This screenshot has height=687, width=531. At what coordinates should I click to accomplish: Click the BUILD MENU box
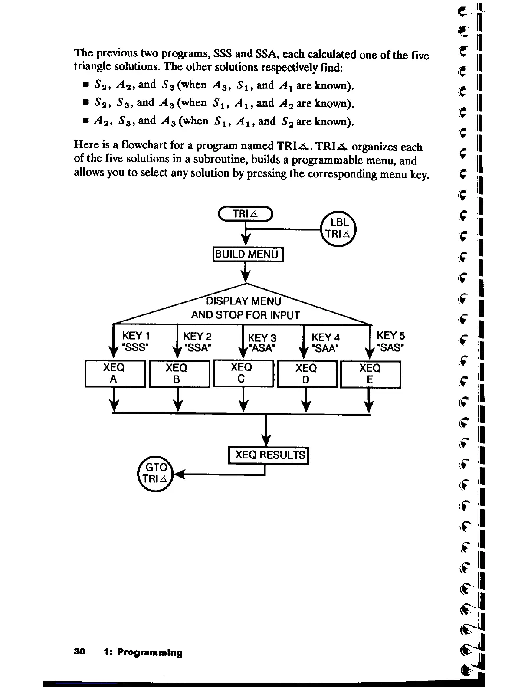247,254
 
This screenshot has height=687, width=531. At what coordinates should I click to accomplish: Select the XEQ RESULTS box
269,455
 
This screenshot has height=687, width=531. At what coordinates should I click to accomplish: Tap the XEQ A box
115,373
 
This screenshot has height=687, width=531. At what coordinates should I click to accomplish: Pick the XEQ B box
179,374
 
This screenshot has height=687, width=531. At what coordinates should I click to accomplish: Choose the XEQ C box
243,373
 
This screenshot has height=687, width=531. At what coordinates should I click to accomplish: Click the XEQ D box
307,374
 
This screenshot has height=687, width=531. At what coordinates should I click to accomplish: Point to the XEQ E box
370,374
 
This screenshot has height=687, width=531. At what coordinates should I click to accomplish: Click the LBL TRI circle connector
338,229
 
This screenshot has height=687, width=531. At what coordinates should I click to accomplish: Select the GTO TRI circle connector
155,473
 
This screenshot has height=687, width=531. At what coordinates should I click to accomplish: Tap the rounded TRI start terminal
246,214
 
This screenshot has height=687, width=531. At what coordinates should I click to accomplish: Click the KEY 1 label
136,336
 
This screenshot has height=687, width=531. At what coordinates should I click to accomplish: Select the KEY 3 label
262,338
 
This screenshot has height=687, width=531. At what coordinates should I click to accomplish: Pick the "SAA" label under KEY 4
325,349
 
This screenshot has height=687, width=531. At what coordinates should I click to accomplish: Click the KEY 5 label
390,335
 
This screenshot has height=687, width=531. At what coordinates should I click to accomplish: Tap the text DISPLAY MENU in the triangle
244,301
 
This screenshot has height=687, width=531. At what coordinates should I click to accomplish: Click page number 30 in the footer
80,652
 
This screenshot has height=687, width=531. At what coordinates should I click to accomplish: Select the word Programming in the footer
150,652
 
